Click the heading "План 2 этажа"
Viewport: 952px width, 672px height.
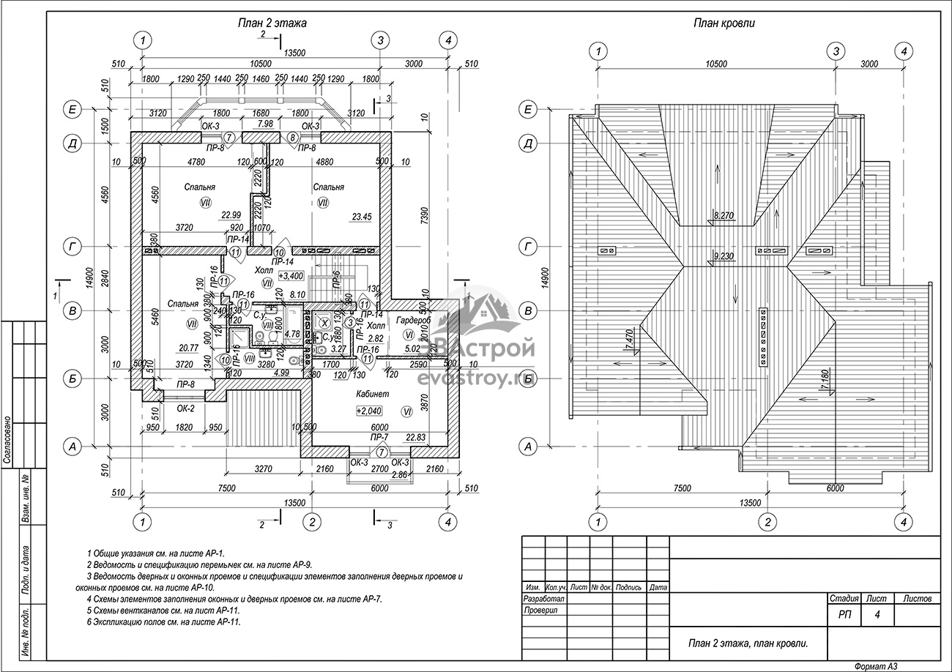(272, 23)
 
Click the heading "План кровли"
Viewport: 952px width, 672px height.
(724, 23)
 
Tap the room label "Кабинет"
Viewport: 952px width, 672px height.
(373, 394)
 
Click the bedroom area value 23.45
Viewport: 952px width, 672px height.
(361, 216)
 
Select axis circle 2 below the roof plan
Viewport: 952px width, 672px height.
(767, 522)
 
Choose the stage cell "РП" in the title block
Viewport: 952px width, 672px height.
(844, 616)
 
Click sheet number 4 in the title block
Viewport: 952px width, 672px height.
(877, 616)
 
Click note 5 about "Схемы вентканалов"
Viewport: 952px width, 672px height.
(163, 610)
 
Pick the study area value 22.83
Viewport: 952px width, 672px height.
(415, 437)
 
